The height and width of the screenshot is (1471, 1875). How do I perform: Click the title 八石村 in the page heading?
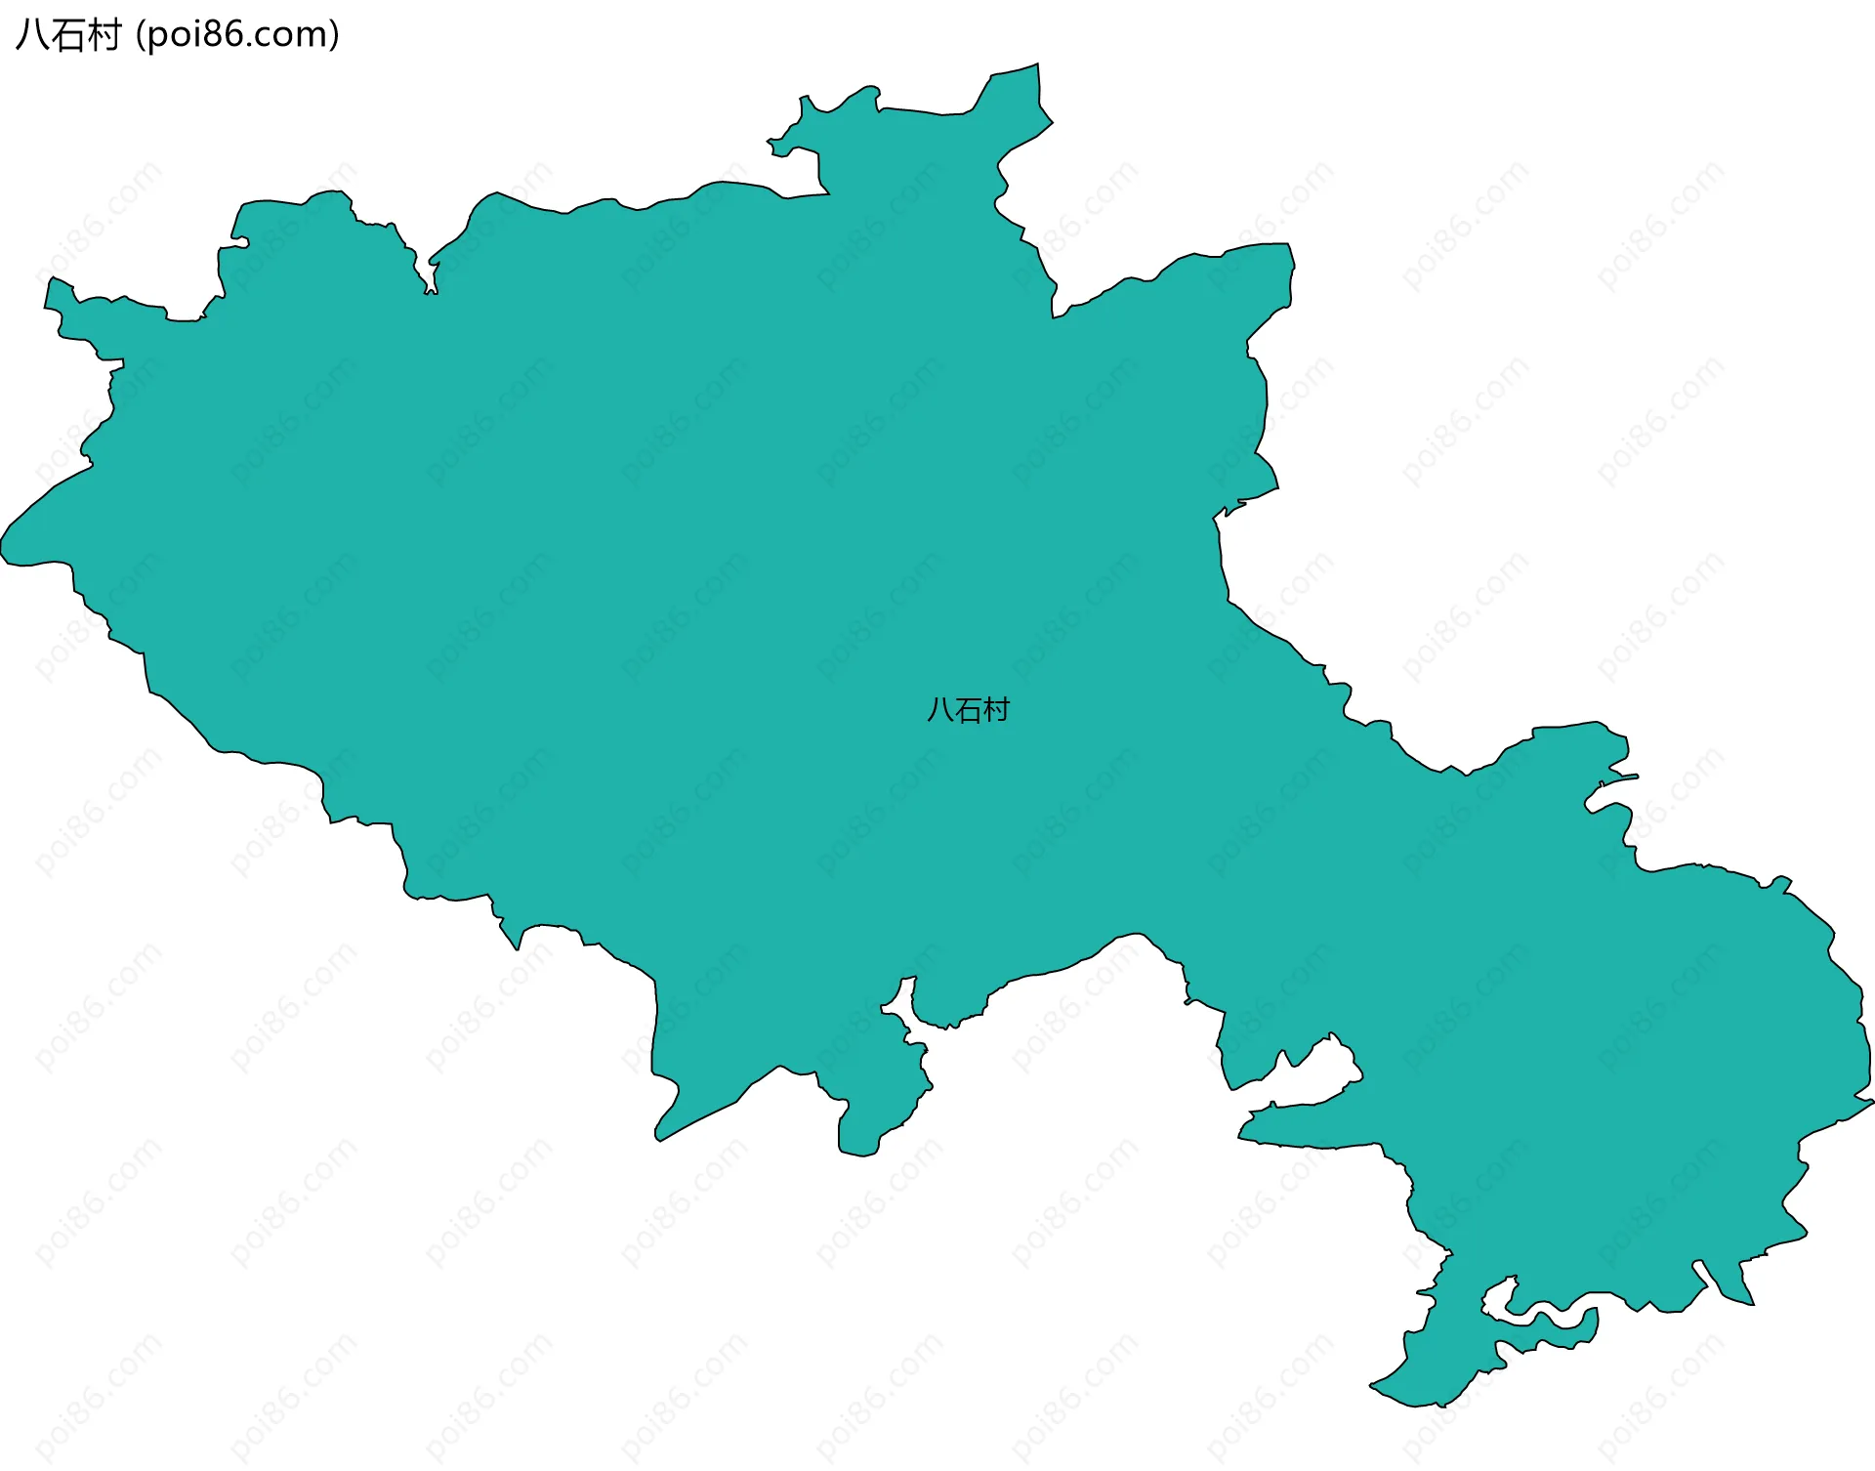pyautogui.click(x=67, y=35)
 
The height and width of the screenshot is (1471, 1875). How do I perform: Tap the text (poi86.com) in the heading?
pyautogui.click(x=237, y=35)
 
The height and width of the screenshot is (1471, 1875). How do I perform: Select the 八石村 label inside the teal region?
pyautogui.click(x=967, y=710)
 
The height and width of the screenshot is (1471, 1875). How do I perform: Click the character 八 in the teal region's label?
pyautogui.click(x=938, y=710)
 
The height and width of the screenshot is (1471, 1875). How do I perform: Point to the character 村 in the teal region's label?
pyautogui.click(x=996, y=710)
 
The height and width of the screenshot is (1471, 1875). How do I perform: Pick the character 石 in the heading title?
pyautogui.click(x=67, y=35)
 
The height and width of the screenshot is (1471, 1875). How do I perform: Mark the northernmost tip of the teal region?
pyautogui.click(x=1037, y=65)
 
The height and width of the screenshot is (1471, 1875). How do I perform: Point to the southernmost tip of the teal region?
pyautogui.click(x=1416, y=1406)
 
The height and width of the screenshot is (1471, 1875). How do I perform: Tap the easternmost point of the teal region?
pyautogui.click(x=1872, y=1101)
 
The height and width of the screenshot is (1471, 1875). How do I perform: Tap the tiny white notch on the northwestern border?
pyautogui.click(x=430, y=283)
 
